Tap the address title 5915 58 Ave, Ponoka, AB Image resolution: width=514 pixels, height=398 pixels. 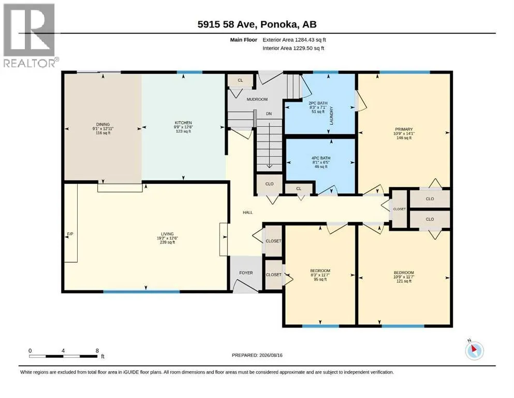[257, 24]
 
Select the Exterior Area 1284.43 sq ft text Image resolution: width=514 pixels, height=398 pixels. [294, 40]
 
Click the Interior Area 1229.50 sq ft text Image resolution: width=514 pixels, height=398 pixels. [293, 48]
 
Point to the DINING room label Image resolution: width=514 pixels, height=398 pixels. [103, 124]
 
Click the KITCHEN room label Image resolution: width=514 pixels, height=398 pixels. [183, 123]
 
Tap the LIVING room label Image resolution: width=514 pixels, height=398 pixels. [167, 234]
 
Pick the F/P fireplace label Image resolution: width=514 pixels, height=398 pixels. [70, 234]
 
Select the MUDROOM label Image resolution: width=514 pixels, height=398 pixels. [257, 99]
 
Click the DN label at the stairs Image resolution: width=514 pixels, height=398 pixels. [269, 113]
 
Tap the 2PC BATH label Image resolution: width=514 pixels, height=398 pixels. [318, 103]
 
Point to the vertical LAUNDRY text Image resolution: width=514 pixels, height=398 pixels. [331, 116]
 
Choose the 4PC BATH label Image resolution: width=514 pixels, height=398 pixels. [321, 158]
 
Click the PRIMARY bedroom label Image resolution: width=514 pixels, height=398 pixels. [404, 129]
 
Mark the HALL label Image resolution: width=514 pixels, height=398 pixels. [248, 212]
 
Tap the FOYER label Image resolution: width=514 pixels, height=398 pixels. [246, 273]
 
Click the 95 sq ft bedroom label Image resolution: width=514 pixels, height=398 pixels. [320, 279]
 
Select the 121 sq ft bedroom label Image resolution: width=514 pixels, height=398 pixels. [404, 281]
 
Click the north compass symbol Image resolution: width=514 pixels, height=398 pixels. [474, 350]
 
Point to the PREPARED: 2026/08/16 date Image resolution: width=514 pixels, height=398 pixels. [257, 355]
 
